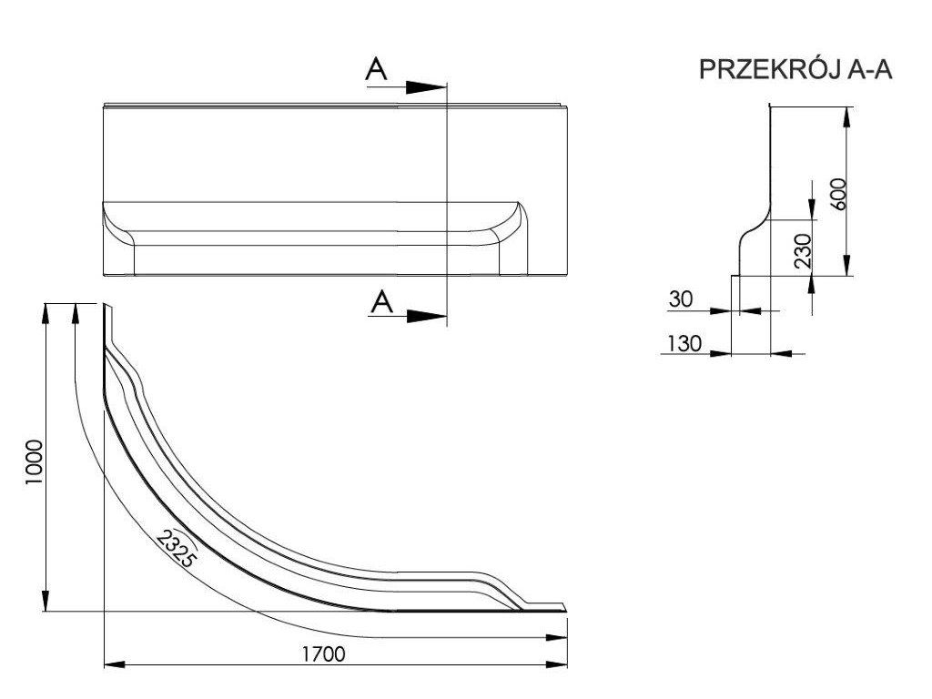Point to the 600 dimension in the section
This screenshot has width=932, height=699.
[x=839, y=193]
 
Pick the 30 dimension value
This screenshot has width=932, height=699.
[x=681, y=298]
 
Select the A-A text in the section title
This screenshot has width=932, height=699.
[x=868, y=72]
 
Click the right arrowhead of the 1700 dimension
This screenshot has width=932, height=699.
[x=558, y=665]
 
